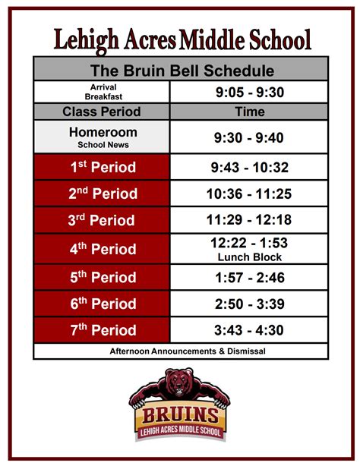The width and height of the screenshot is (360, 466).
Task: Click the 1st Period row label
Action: click(x=103, y=167)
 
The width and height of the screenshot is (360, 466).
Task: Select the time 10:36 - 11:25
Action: click(x=249, y=194)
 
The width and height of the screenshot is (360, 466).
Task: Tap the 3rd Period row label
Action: click(x=102, y=220)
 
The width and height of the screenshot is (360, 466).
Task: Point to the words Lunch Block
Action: click(x=250, y=257)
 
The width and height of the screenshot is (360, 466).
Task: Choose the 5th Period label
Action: click(x=103, y=277)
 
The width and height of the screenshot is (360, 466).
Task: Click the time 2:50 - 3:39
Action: click(x=250, y=304)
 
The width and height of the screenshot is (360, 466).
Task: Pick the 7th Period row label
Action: click(x=103, y=330)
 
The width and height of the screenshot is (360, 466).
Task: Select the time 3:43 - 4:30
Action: click(x=249, y=330)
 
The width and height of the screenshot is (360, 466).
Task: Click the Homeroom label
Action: click(x=103, y=132)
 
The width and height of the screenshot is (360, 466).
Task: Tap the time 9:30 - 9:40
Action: click(x=248, y=137)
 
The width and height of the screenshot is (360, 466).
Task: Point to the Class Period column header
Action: click(x=102, y=112)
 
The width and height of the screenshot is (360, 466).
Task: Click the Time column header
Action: click(x=250, y=112)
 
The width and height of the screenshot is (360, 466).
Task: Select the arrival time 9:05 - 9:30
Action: click(x=250, y=92)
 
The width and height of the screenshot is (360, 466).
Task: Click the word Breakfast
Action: click(x=103, y=96)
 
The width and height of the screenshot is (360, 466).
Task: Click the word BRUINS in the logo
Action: click(x=180, y=415)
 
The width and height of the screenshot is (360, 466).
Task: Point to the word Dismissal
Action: click(x=246, y=351)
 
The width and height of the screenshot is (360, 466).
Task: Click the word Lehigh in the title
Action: click(x=87, y=40)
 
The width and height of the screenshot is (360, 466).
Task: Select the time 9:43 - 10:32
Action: click(x=250, y=167)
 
